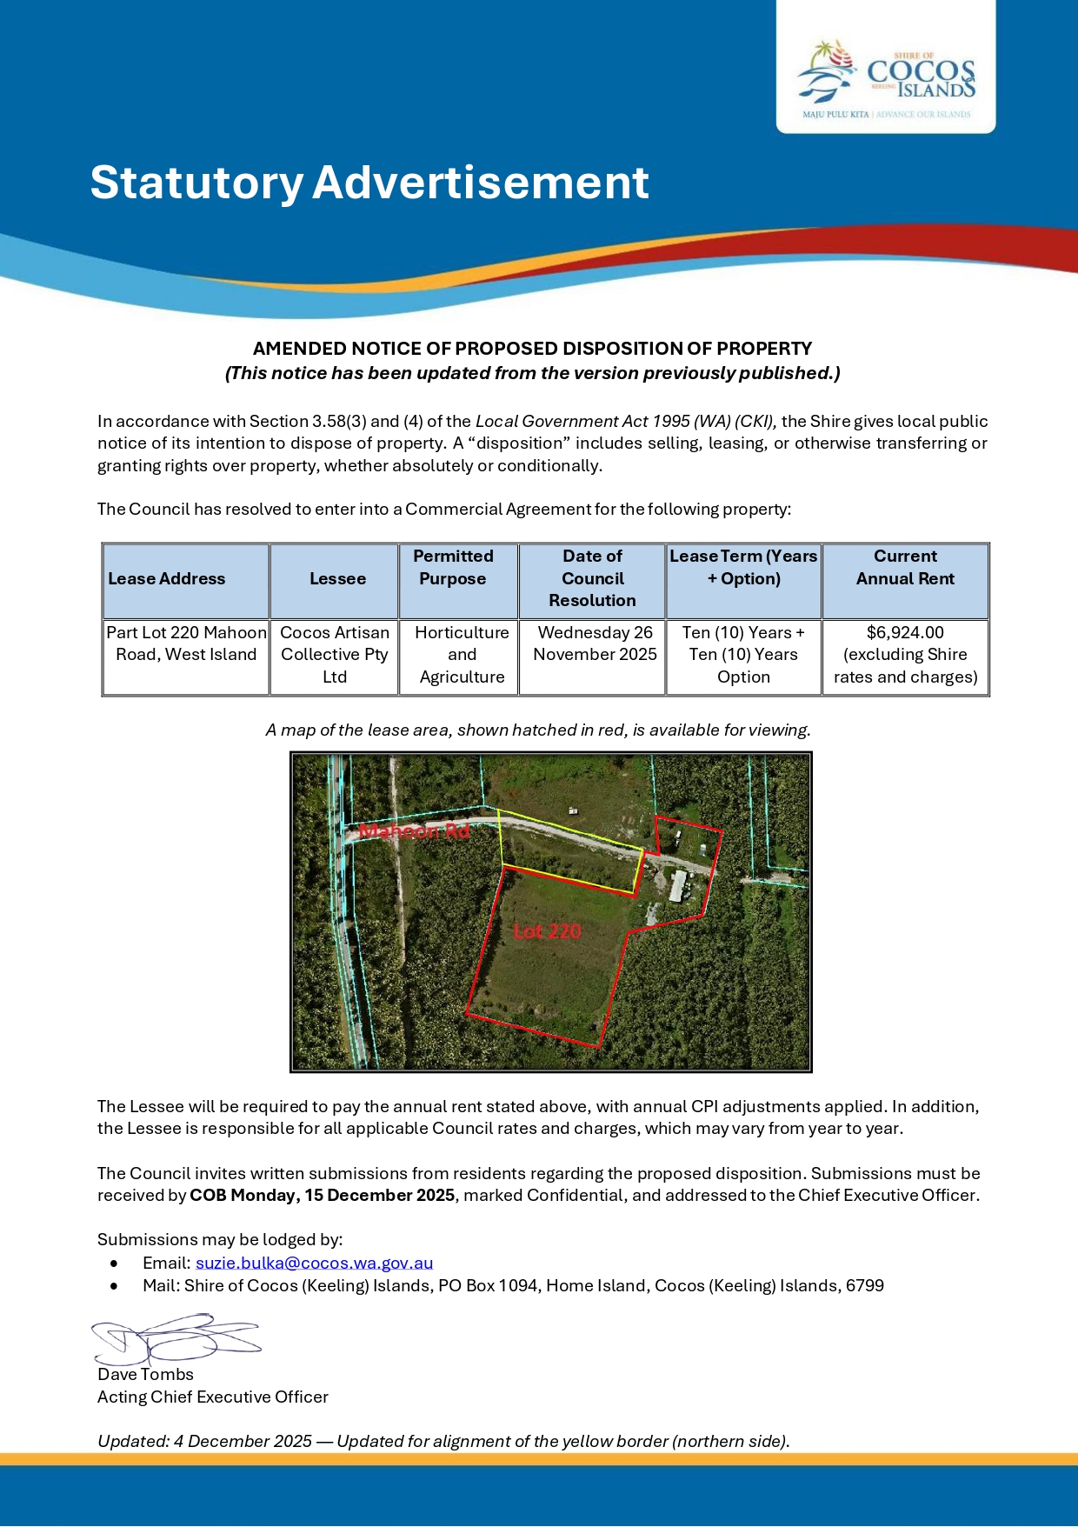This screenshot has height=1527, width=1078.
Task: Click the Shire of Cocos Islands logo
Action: [x=886, y=79]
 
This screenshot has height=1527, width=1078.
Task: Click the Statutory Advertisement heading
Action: [x=369, y=183]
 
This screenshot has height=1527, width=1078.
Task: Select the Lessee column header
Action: [x=337, y=579]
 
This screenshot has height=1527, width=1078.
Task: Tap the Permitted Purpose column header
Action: [x=453, y=568]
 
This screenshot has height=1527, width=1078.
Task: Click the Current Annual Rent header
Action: [x=905, y=568]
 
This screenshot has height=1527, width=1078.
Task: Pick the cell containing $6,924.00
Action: [x=905, y=633]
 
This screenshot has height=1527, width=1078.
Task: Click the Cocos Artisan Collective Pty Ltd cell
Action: [x=335, y=655]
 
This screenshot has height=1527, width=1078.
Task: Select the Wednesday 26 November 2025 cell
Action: [x=595, y=644]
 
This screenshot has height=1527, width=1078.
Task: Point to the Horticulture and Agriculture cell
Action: [x=462, y=655]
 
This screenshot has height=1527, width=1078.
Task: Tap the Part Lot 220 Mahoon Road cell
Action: [x=186, y=644]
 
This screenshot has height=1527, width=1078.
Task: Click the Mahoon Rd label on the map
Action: [x=414, y=832]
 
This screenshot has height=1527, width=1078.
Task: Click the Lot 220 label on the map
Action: [x=547, y=932]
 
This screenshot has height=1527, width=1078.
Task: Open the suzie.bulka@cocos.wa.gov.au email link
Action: [x=314, y=1264]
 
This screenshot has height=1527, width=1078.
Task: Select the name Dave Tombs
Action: [x=145, y=1375]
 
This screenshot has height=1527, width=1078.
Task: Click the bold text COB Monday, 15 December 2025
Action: [x=322, y=1196]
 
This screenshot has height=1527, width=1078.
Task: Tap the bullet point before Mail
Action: [x=114, y=1286]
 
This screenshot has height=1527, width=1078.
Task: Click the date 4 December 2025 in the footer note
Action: [x=243, y=1442]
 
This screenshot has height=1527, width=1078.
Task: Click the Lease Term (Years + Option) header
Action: [x=743, y=568]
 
